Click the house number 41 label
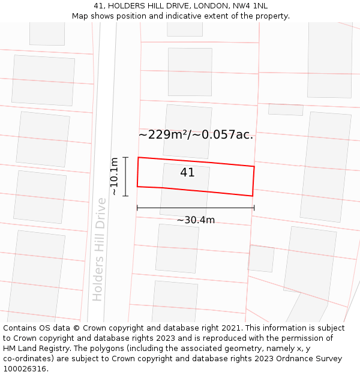[187, 173]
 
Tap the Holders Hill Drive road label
[99, 258]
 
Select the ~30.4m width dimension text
[196, 220]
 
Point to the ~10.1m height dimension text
[114, 176]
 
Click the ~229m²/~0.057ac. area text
[196, 135]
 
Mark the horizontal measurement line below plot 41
[196, 208]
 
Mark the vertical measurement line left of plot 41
[125, 176]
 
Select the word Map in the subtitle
[80, 16]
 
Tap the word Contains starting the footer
[22, 328]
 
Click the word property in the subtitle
[271, 16]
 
